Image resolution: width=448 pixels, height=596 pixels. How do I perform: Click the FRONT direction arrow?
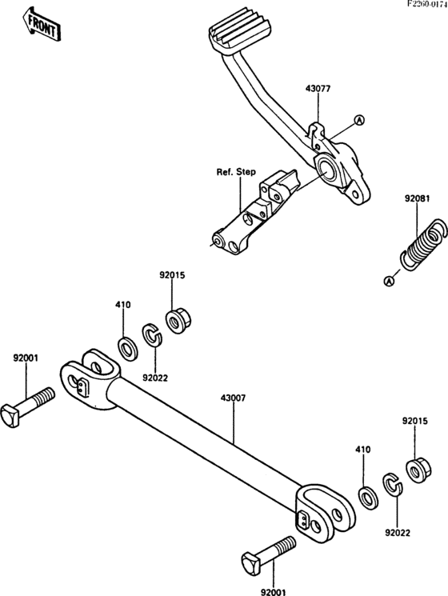[41, 23]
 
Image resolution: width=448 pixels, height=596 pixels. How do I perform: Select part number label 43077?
[318, 89]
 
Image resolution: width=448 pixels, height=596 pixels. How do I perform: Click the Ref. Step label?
[236, 172]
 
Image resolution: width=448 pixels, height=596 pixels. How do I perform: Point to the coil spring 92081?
[422, 246]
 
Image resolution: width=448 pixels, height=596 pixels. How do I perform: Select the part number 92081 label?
[417, 198]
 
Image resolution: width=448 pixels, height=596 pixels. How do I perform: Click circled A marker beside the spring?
[389, 282]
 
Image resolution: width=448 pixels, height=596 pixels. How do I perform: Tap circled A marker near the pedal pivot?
[359, 120]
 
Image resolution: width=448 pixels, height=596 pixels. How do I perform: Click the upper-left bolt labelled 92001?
[27, 406]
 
